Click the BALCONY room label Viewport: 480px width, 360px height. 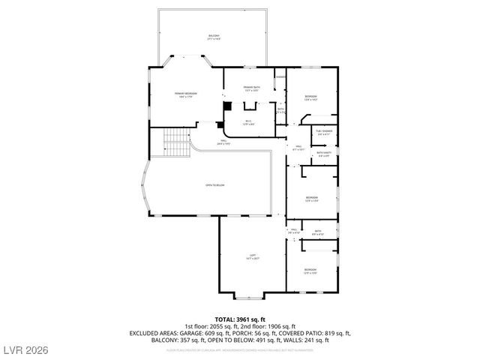pyautogui.click(x=214, y=37)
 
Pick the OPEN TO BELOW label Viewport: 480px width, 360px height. pyautogui.click(x=215, y=185)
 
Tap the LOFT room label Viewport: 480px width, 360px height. pyautogui.click(x=253, y=256)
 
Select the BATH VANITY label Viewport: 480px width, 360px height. pyautogui.click(x=324, y=154)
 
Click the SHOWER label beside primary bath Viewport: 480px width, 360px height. pyautogui.click(x=280, y=77)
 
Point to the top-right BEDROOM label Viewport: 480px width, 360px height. pyautogui.click(x=310, y=97)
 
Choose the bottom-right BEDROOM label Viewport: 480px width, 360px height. pyautogui.click(x=310, y=270)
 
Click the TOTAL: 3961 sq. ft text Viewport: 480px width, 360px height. pyautogui.click(x=239, y=319)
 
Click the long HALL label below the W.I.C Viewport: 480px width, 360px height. pyautogui.click(x=222, y=142)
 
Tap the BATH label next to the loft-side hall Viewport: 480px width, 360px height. pyautogui.click(x=317, y=232)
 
